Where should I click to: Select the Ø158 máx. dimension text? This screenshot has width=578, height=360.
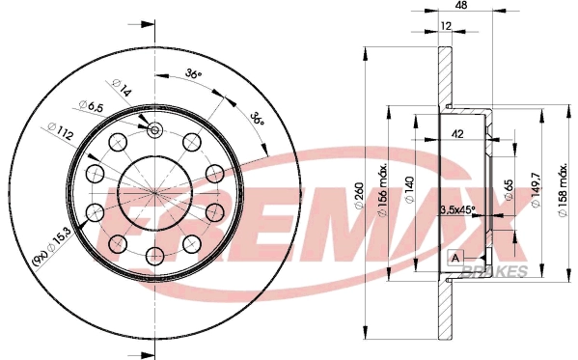563,183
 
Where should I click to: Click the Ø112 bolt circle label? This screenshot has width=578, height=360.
58,128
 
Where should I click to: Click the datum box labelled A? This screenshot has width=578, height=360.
454,258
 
